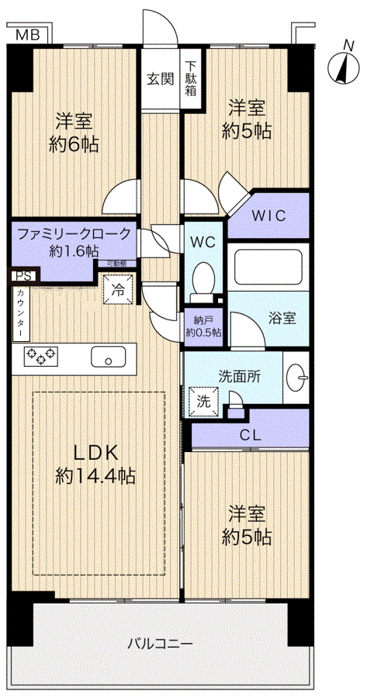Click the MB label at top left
[x=27, y=33]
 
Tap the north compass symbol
[x=341, y=67]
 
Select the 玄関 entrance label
[x=160, y=78]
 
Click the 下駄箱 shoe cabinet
[x=191, y=78]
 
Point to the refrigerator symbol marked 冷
[x=118, y=290]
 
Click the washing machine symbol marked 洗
[x=203, y=401]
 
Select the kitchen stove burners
[x=41, y=356]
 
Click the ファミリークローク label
[x=72, y=233]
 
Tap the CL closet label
[x=249, y=434]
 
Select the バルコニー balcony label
[x=160, y=643]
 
